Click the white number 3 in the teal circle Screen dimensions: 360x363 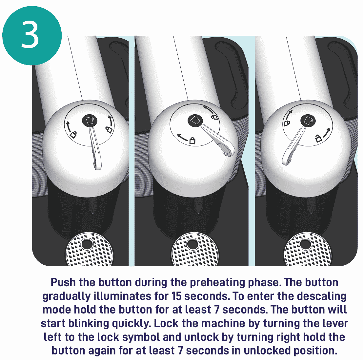pyautogui.click(x=30, y=35)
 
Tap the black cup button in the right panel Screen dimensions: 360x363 pyautogui.click(x=308, y=121)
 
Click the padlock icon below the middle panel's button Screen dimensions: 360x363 pyautogui.click(x=192, y=141)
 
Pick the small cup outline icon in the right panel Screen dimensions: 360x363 pyautogui.click(x=287, y=123)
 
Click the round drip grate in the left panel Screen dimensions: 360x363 pyautogui.click(x=87, y=251)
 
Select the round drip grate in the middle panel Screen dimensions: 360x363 pyautogui.click(x=192, y=251)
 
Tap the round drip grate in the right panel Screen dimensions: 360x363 pyautogui.click(x=305, y=251)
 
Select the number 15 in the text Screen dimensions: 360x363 pyautogui.click(x=176, y=296)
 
